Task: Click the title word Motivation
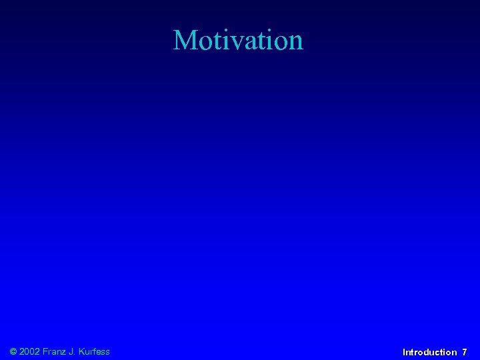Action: coord(238,40)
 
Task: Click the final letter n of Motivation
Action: coord(295,42)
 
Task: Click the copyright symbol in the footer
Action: coord(14,351)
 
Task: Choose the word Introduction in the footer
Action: coord(430,352)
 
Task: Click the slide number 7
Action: coord(465,352)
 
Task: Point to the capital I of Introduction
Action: coord(404,352)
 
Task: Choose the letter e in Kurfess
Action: coord(101,352)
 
